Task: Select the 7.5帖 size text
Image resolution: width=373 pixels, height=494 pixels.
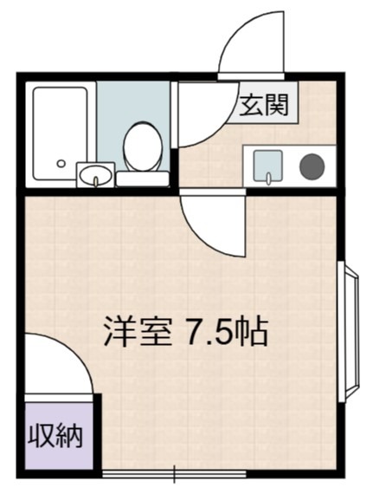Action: [x=223, y=330]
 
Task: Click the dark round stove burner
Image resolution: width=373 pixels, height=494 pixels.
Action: [x=311, y=166]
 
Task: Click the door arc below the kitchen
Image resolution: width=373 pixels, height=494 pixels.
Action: [x=210, y=224]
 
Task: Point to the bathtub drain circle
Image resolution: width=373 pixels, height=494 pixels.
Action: [x=61, y=163]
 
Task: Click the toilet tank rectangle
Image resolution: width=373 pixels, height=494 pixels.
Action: [x=142, y=179]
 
